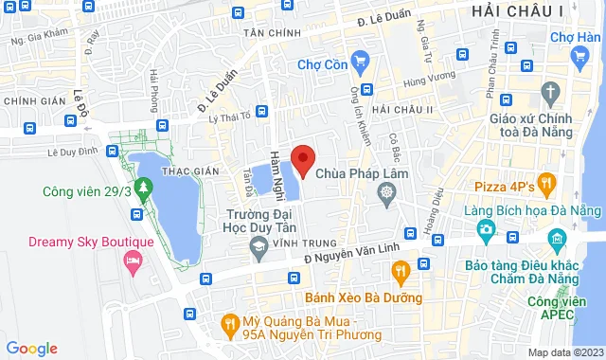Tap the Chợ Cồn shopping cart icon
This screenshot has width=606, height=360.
pos(359,63)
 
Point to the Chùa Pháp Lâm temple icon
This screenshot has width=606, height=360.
pos(386,195)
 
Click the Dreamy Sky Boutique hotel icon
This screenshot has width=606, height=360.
pos(134,259)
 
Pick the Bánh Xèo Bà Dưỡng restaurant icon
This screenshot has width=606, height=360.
pos(401,273)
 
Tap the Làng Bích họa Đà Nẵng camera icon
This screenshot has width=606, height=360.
pos(486,228)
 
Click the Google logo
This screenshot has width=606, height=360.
pos(32,349)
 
